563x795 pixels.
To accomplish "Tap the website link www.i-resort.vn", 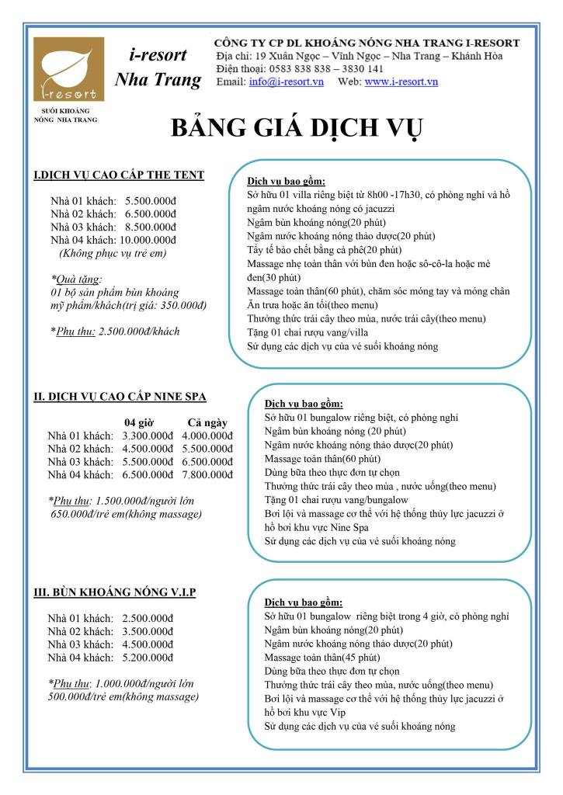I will click(401, 82).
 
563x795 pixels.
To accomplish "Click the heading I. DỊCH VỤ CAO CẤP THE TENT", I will click(119, 175).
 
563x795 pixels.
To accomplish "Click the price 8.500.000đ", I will click(151, 226).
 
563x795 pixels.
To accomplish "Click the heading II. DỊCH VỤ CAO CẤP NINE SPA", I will click(120, 397).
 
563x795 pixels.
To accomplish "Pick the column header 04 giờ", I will click(140, 422).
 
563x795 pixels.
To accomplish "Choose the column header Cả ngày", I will click(207, 422).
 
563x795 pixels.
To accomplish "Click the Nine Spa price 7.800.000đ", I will click(207, 474).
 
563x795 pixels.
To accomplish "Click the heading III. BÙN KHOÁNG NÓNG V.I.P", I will click(115, 592).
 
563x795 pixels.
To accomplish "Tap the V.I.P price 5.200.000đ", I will click(148, 657).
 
